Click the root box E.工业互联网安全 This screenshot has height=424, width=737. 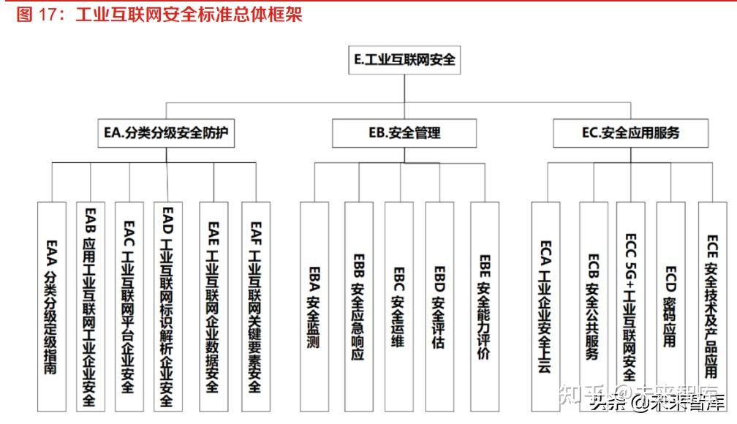click(404, 60)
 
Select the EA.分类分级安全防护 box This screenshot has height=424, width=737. click(167, 132)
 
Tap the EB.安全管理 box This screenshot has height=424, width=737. click(404, 133)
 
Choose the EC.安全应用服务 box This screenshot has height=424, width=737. click(630, 132)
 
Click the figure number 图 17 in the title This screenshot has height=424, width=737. click(37, 15)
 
